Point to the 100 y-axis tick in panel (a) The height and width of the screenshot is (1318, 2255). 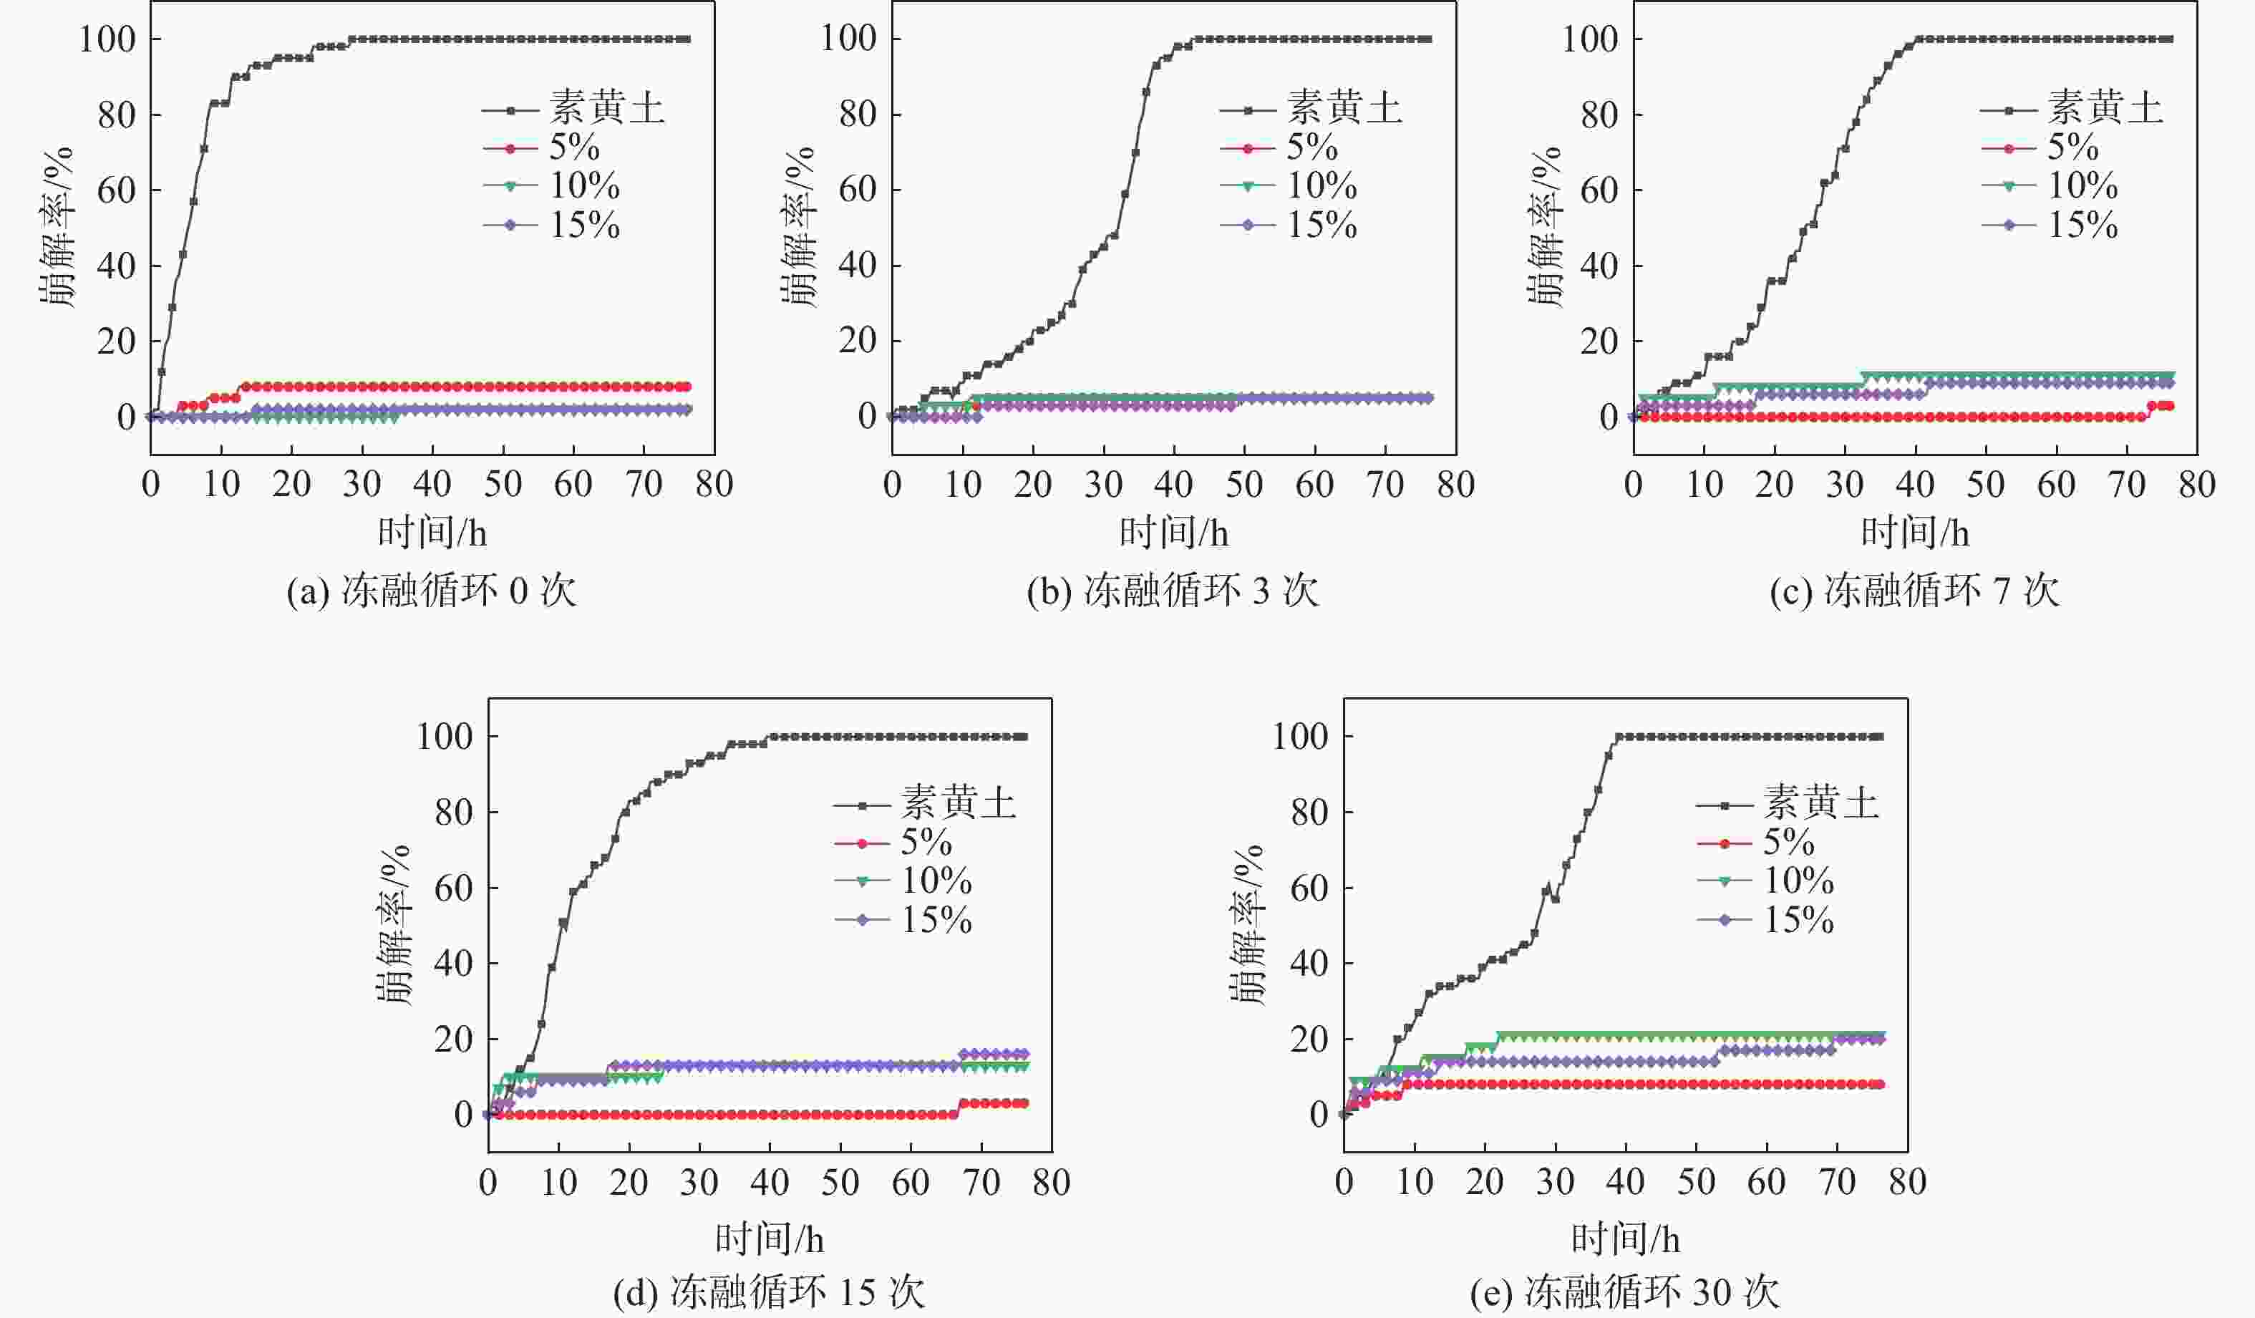click(x=107, y=39)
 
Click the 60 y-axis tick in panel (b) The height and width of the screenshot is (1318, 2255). click(x=858, y=190)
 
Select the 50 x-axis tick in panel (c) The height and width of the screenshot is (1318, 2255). click(x=1984, y=485)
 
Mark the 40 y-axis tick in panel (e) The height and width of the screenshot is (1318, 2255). click(x=1309, y=964)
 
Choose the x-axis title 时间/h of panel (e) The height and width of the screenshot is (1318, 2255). click(x=1625, y=1239)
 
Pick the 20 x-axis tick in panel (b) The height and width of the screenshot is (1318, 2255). click(x=1032, y=485)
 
